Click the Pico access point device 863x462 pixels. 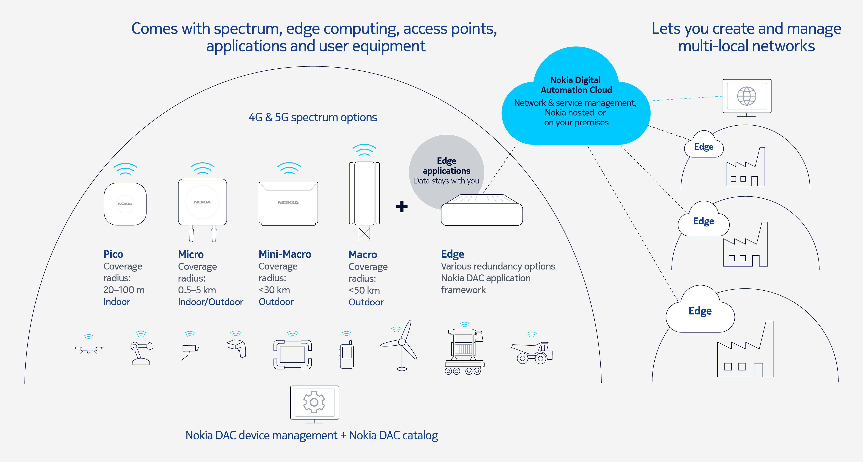(x=125, y=204)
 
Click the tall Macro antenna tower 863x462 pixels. (x=364, y=198)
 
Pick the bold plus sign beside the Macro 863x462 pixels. (x=402, y=206)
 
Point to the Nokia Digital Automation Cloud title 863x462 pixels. (x=576, y=85)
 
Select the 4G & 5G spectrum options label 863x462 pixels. (x=312, y=117)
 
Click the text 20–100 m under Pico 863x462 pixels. (x=124, y=290)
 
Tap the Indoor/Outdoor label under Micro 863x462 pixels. (x=210, y=302)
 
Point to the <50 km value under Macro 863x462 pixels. (x=364, y=290)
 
